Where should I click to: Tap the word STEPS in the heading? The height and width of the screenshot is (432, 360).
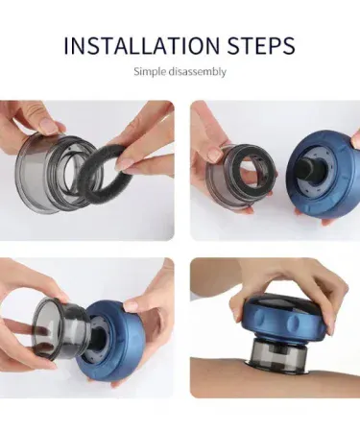coord(261,46)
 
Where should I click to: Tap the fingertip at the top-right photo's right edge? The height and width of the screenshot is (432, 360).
coord(355,138)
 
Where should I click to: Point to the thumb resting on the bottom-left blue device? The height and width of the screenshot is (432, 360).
coord(137,305)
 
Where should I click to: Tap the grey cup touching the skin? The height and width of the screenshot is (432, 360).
coord(276,355)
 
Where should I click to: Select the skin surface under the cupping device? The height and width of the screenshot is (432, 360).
coord(276,382)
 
